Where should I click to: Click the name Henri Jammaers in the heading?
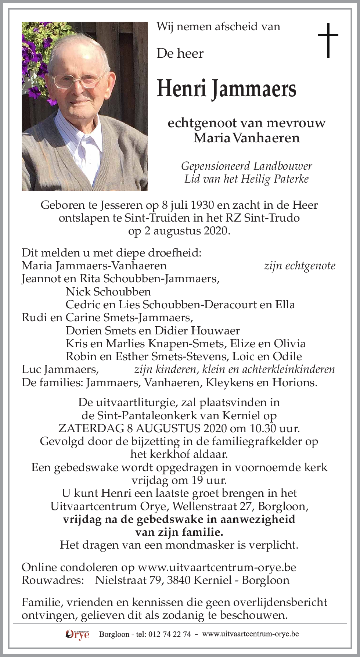click(x=226, y=89)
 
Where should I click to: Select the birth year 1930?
click(x=202, y=205)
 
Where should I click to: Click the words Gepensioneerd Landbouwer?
click(x=246, y=166)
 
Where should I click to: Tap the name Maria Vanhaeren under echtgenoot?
click(x=246, y=138)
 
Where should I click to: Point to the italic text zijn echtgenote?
click(x=299, y=266)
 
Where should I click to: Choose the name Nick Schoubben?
click(x=108, y=292)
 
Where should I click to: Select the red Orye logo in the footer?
click(x=77, y=634)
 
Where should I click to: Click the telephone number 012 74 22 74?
click(x=170, y=634)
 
